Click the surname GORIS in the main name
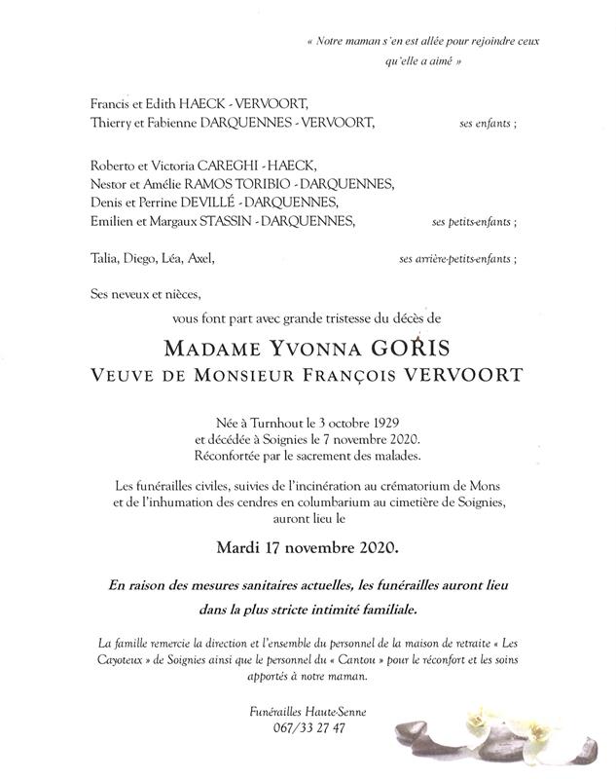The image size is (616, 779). (x=428, y=349)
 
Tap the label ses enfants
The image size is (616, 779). (x=487, y=125)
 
